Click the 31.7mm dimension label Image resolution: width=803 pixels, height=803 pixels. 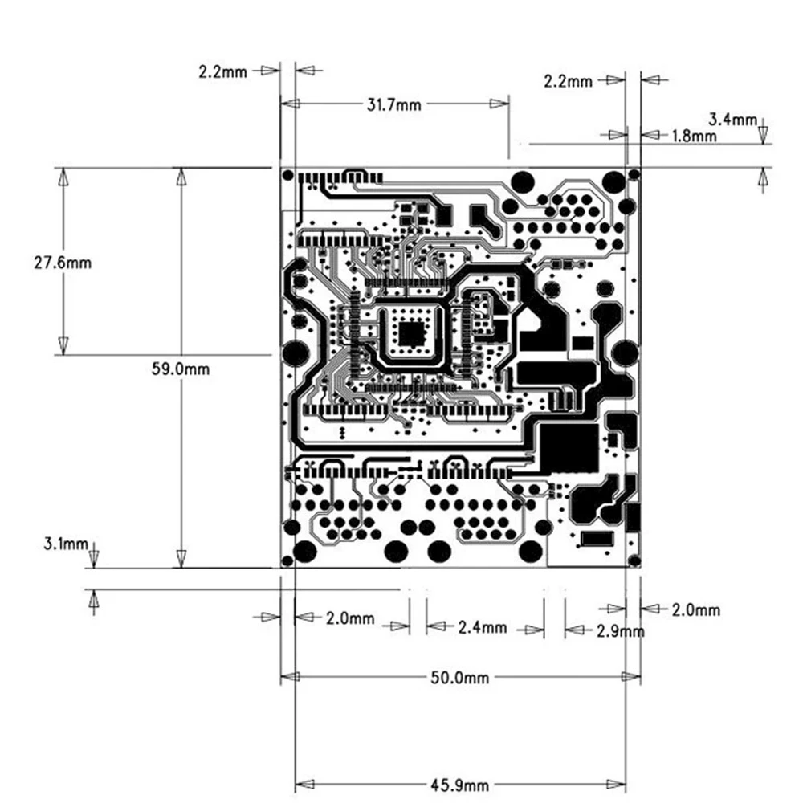pyautogui.click(x=393, y=105)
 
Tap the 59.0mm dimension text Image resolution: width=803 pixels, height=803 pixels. pyautogui.click(x=180, y=369)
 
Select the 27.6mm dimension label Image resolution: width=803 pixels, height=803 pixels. pyautogui.click(x=63, y=263)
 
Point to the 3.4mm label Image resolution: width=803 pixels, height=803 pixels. pyautogui.click(x=732, y=120)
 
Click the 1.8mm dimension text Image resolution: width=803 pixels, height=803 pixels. pyautogui.click(x=694, y=136)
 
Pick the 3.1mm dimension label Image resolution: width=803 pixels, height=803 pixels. pyautogui.click(x=66, y=544)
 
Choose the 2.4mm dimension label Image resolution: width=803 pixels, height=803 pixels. pyautogui.click(x=483, y=627)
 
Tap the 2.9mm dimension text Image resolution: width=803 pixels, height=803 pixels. pyautogui.click(x=620, y=631)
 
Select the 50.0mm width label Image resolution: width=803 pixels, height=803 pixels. pyautogui.click(x=459, y=678)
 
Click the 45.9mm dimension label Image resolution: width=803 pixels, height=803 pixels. pyautogui.click(x=459, y=785)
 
